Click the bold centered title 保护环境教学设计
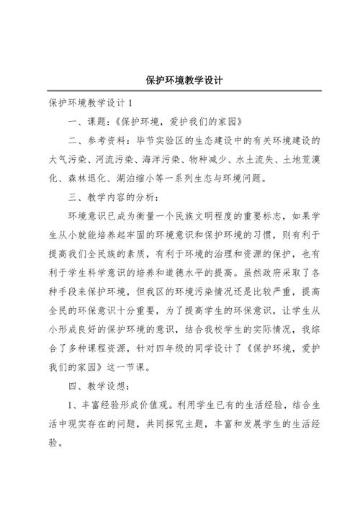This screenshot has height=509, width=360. tap(180, 80)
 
